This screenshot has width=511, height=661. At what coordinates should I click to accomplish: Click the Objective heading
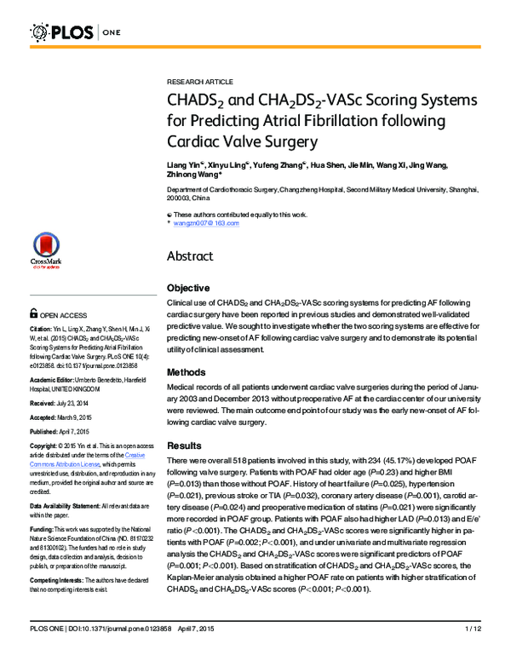[189, 288]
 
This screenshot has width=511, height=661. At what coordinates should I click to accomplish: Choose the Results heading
[185, 445]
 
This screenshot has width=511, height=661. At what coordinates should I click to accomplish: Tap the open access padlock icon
[34, 313]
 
